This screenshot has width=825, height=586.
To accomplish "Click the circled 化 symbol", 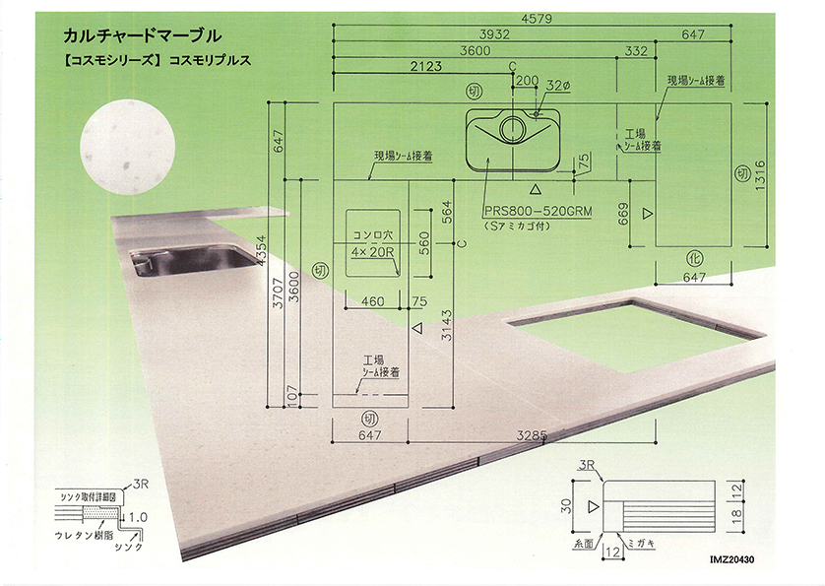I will tap(694, 258).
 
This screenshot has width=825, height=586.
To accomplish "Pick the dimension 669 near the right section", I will tap(622, 214).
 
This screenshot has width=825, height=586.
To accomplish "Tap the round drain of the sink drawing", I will tap(513, 128).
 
